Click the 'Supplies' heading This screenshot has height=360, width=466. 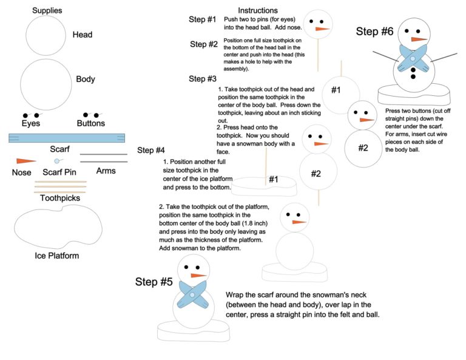[x=47, y=10]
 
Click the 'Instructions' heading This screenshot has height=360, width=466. [x=258, y=10]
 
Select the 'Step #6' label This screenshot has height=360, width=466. [x=375, y=32]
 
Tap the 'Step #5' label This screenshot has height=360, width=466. [x=154, y=282]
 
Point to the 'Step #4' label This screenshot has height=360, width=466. [x=151, y=151]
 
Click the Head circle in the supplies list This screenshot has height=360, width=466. [x=46, y=36]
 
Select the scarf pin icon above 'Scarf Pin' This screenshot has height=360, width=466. [x=57, y=161]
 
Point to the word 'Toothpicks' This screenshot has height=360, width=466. [x=59, y=198]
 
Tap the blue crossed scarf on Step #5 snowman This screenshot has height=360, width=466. [x=192, y=294]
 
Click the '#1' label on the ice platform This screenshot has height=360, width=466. [x=273, y=179]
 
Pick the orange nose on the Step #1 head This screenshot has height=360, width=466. [x=322, y=29]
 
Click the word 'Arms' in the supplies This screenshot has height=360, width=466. [x=106, y=171]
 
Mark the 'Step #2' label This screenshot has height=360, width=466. [x=203, y=44]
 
